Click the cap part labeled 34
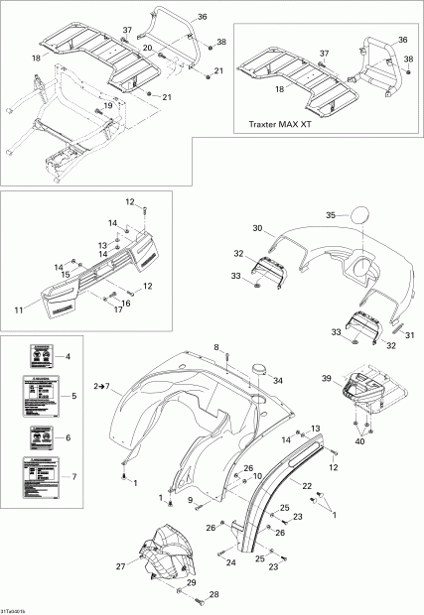pyautogui.click(x=263, y=369)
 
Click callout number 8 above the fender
pyautogui.click(x=215, y=345)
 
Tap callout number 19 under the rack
pyautogui.click(x=107, y=105)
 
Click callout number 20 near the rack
pyautogui.click(x=146, y=49)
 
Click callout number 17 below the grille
pyautogui.click(x=117, y=309)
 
